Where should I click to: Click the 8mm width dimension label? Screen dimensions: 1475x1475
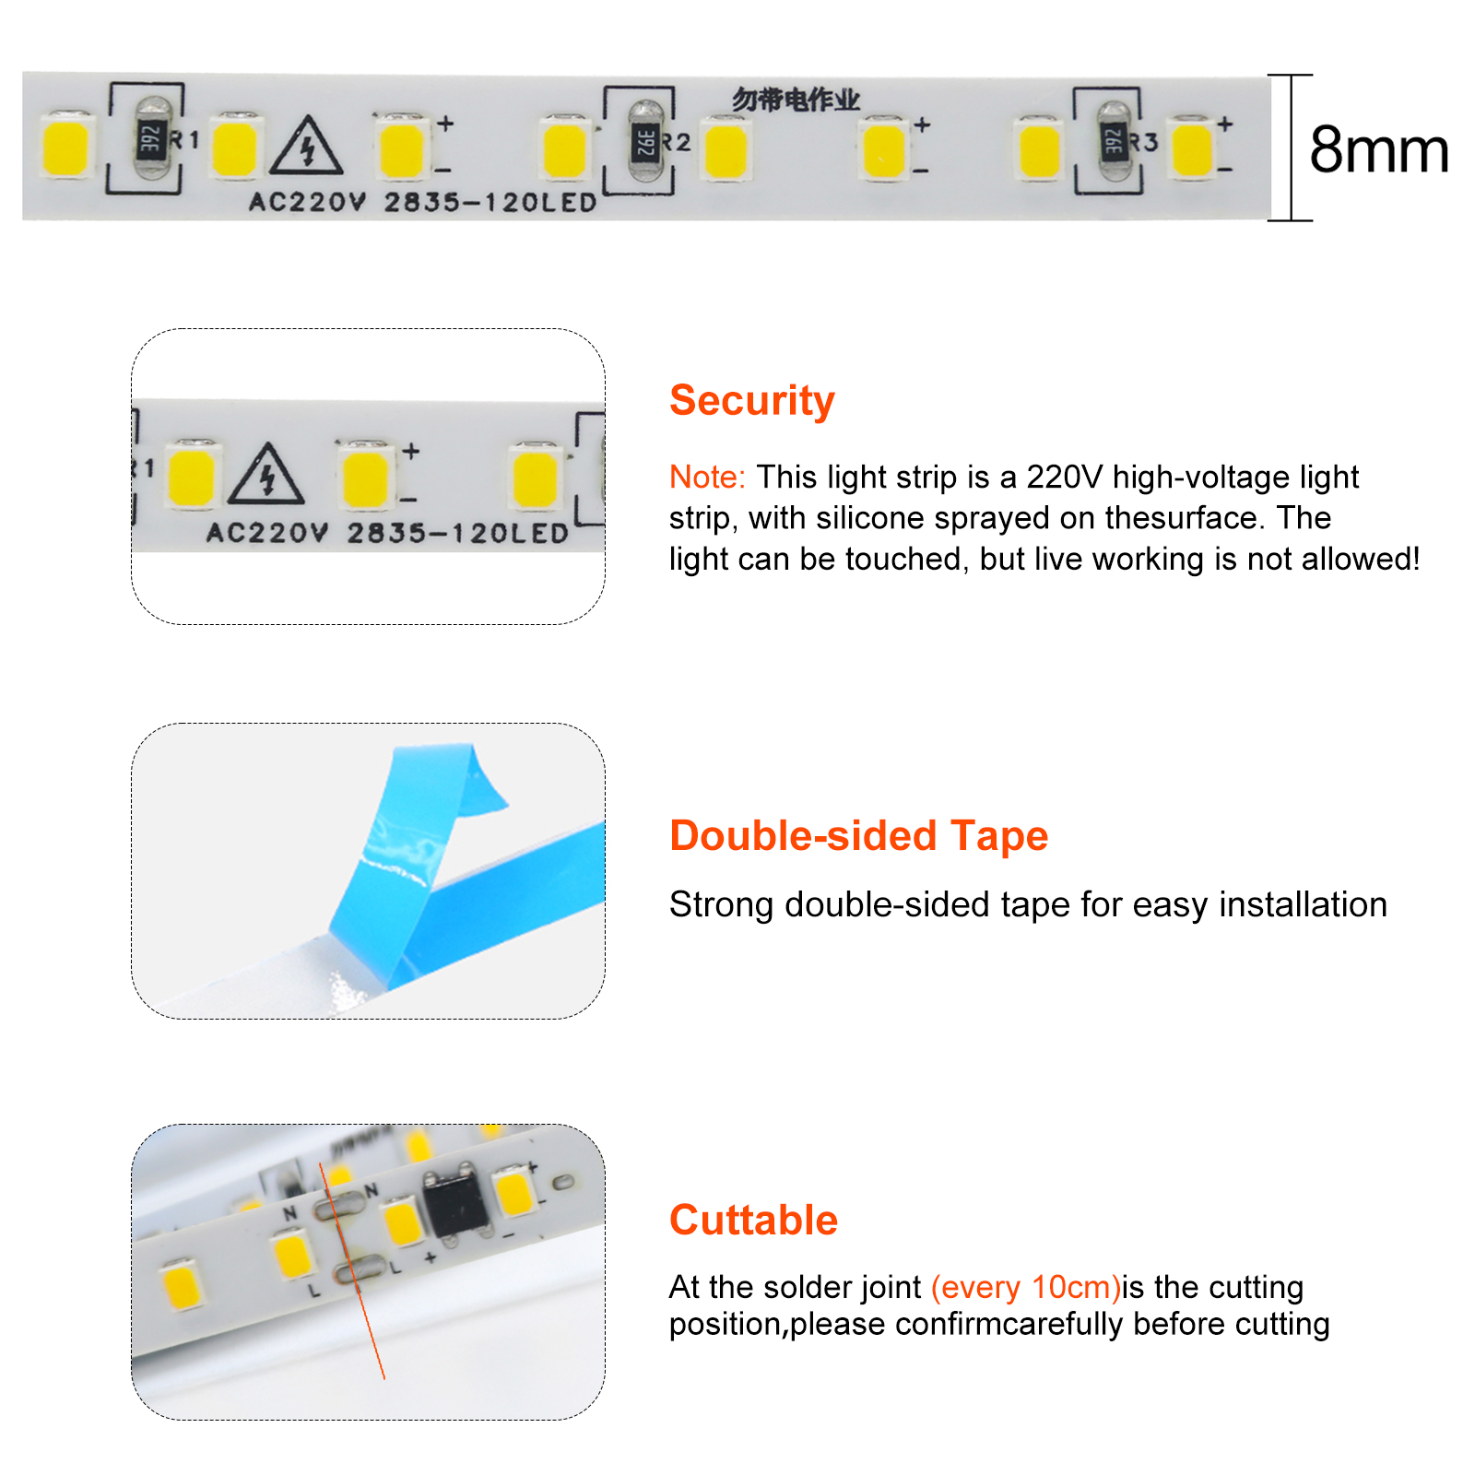coord(1379,149)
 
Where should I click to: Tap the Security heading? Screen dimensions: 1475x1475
coord(752,401)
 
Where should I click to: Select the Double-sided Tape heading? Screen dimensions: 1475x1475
coord(859,836)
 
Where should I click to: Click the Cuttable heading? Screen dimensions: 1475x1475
coord(754,1220)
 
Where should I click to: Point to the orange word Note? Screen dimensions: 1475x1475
coord(707,477)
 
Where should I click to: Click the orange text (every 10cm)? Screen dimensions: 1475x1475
coord(1026,1287)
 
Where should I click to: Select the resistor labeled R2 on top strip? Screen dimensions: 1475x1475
coord(645,143)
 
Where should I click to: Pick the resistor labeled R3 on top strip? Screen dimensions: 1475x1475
coord(1114,142)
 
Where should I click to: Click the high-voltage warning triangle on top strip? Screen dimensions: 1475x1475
coord(307,147)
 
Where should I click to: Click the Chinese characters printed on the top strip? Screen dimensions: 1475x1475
coord(796,100)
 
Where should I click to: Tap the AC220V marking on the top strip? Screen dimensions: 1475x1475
coord(308,202)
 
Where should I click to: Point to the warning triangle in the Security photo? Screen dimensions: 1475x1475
coord(266,475)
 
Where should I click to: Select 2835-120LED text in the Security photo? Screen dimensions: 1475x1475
coord(458,533)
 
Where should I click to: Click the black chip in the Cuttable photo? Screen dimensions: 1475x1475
coord(456,1203)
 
